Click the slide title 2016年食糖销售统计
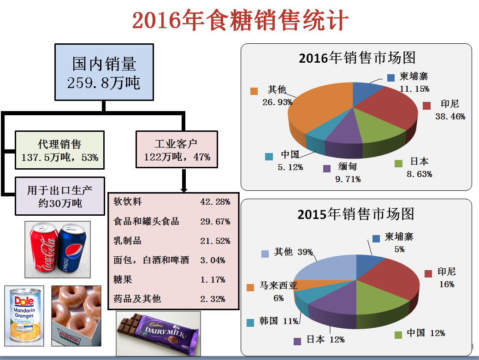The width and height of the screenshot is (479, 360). click(x=240, y=21)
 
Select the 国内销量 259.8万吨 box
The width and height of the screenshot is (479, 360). click(x=104, y=72)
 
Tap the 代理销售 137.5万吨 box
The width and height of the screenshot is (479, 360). click(x=59, y=150)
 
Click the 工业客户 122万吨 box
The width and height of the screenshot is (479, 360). click(x=176, y=150)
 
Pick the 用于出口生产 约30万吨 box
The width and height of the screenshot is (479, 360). click(x=60, y=196)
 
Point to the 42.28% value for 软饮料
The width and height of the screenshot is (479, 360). click(x=215, y=202)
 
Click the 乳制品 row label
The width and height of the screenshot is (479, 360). click(x=127, y=241)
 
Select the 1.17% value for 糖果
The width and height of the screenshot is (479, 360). click(x=213, y=279)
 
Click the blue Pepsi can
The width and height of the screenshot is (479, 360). click(x=72, y=249)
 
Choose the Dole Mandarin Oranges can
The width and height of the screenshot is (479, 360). click(x=24, y=316)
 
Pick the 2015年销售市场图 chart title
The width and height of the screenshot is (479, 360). click(x=356, y=214)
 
